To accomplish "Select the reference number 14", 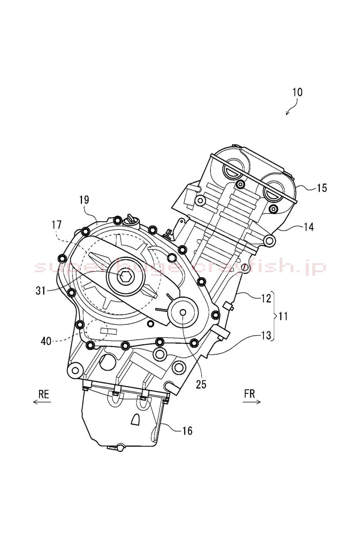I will click(308, 227).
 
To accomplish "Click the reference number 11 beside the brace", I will click(283, 316).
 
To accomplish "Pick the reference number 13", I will click(266, 335).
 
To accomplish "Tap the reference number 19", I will click(84, 200).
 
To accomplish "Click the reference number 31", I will click(41, 291).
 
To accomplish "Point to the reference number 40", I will click(46, 341).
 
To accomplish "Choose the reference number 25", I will click(201, 385).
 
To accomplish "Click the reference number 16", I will click(187, 430).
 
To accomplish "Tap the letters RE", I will click(44, 394).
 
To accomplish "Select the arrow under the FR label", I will click(252, 402).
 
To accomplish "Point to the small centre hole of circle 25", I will click(182, 312).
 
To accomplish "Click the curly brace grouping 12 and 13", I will click(275, 316).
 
